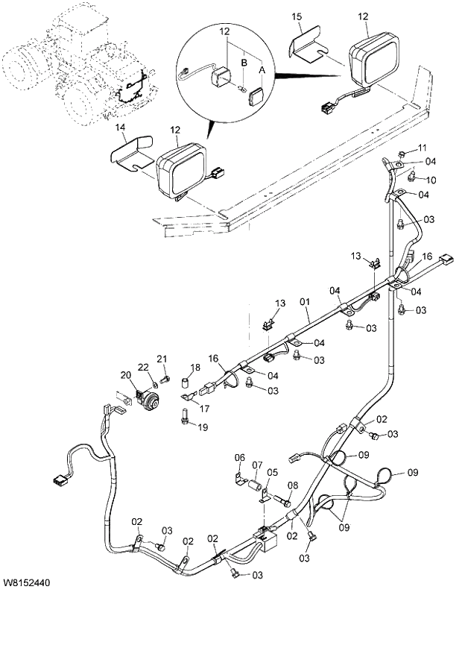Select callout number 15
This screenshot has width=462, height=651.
pos(297,16)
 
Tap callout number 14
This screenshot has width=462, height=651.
pos(121,128)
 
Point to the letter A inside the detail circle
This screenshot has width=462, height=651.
pos(260,68)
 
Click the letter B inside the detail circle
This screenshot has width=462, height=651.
pos(242,63)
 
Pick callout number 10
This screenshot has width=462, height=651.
pos(431,180)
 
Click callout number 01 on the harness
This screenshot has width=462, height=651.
pos(304,302)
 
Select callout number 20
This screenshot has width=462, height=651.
pos(124,374)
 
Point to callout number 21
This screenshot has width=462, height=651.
pos(162,359)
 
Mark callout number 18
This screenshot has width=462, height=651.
pos(195,368)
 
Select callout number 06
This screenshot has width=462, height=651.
pos(240,457)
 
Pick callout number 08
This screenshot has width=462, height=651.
pos(293,485)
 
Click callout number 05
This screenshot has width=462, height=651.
pos(273,472)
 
